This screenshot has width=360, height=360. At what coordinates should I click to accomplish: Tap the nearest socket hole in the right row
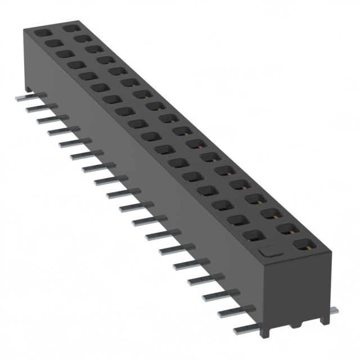(x=304, y=245)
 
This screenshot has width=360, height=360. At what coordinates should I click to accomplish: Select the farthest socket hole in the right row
(x=70, y=27)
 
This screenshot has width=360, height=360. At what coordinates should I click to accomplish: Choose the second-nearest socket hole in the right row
(x=287, y=228)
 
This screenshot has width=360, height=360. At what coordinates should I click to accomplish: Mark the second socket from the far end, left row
(x=51, y=42)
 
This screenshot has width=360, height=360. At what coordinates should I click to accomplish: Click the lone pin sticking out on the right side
(x=334, y=309)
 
